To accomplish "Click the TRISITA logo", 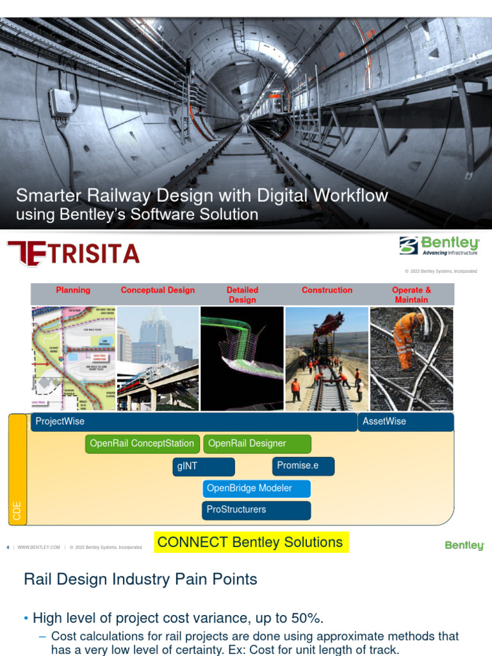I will click(x=73, y=254).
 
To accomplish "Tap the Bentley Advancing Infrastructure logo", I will click(x=439, y=246).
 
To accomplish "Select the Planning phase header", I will click(x=73, y=290).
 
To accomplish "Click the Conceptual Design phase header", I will click(x=158, y=290).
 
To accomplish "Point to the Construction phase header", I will click(x=327, y=290).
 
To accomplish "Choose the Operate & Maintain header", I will click(x=411, y=295).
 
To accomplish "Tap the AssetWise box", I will click(x=406, y=422).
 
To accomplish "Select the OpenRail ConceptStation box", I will click(x=142, y=444).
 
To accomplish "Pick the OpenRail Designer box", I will click(x=257, y=444).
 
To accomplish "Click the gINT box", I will click(x=204, y=467).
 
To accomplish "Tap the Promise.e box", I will click(x=303, y=466).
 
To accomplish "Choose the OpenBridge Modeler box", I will click(x=257, y=489).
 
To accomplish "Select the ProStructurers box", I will click(x=257, y=510).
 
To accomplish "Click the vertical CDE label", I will click(x=17, y=511).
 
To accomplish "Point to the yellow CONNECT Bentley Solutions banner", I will click(x=250, y=542).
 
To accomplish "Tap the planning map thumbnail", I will click(x=73, y=359).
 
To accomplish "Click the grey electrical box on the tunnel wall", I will click(x=62, y=102).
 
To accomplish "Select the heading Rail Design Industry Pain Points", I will click(x=140, y=580).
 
